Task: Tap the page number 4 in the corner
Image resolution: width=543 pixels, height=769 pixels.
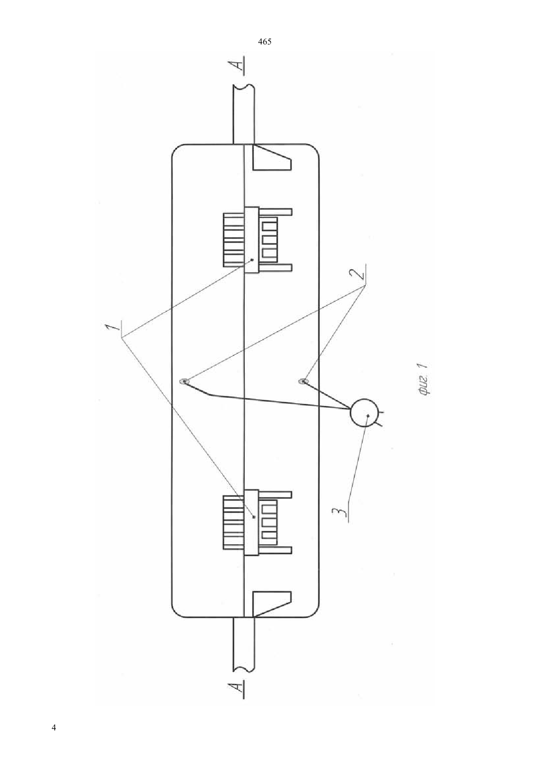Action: (x=53, y=727)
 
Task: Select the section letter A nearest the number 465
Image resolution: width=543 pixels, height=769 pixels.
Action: (x=239, y=65)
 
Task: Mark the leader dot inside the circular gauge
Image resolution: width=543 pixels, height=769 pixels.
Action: (x=368, y=416)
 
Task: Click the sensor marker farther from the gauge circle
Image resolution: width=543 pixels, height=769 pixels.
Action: (x=184, y=382)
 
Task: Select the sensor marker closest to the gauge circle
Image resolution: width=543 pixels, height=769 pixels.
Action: (x=304, y=381)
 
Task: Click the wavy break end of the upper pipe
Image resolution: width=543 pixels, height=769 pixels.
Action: (x=243, y=86)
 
